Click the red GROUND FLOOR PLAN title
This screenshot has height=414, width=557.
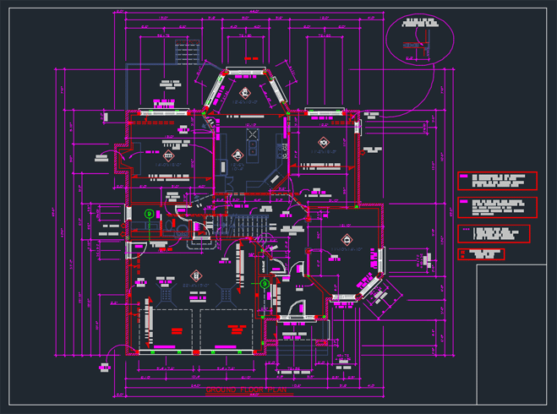tap(248, 389)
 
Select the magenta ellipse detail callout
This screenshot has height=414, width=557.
tap(420, 36)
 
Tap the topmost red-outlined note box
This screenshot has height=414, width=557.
tap(497, 181)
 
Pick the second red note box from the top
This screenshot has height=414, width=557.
tap(497, 207)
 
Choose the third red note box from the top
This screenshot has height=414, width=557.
tap(494, 233)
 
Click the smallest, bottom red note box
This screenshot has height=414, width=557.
tap(481, 253)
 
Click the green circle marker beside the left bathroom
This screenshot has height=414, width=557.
tap(149, 214)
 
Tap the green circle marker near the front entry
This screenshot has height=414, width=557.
tap(265, 283)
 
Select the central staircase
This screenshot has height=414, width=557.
tap(249, 226)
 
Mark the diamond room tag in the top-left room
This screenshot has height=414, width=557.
tap(169, 155)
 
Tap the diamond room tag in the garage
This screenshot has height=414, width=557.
tap(195, 275)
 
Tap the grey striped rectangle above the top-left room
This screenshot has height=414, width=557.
tap(185, 50)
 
